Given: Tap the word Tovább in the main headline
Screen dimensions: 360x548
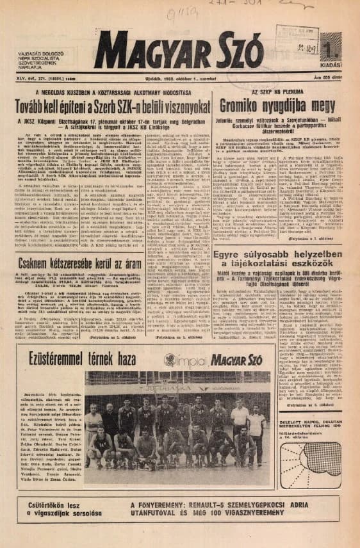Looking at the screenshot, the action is [54, 104].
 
